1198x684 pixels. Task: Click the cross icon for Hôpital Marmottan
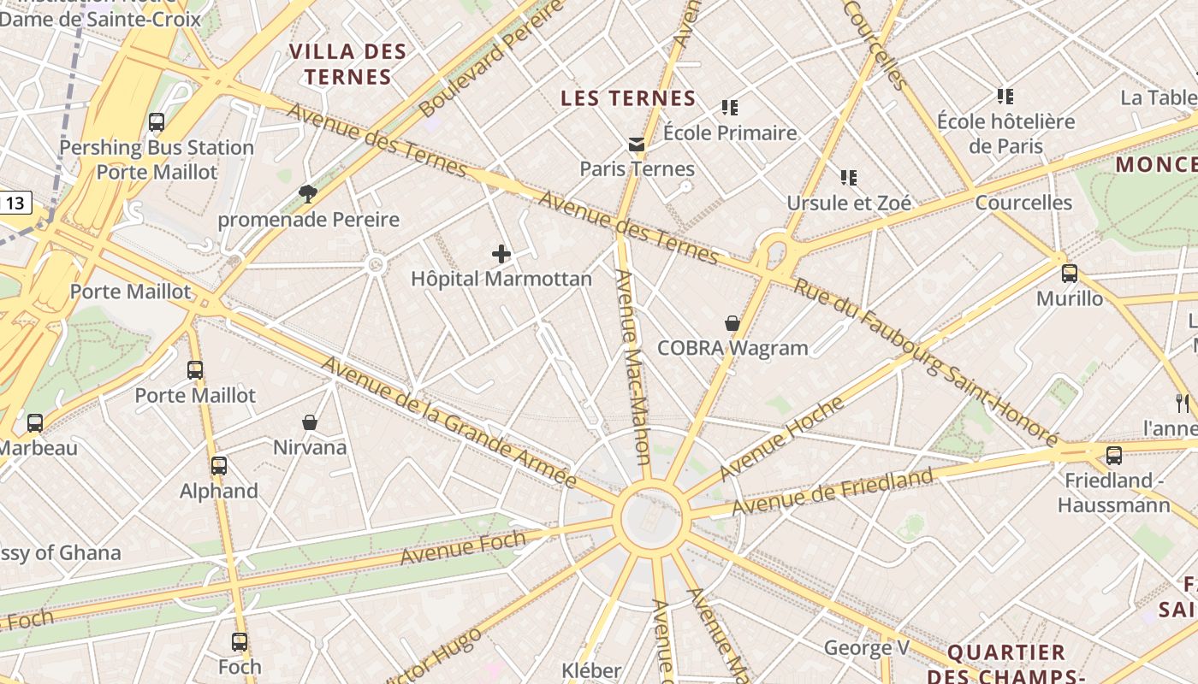pyautogui.click(x=501, y=254)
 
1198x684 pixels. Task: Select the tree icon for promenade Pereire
pyautogui.click(x=308, y=194)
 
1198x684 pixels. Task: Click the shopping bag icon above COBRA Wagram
pyautogui.click(x=732, y=323)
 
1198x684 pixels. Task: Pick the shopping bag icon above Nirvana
pyautogui.click(x=310, y=422)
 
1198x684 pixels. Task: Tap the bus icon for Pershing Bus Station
pyautogui.click(x=157, y=122)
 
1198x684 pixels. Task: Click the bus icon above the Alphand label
pyautogui.click(x=219, y=466)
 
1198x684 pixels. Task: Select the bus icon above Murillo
pyautogui.click(x=1070, y=274)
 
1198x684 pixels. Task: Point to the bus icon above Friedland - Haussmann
pyautogui.click(x=1114, y=456)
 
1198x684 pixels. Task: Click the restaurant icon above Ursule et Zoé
pyautogui.click(x=849, y=178)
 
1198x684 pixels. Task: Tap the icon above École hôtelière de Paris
pyautogui.click(x=1005, y=97)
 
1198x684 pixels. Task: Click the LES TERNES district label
pyautogui.click(x=628, y=98)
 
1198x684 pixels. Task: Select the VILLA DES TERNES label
pyautogui.click(x=347, y=64)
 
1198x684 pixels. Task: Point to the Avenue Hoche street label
pyautogui.click(x=780, y=439)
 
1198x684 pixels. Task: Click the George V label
pyautogui.click(x=866, y=648)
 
